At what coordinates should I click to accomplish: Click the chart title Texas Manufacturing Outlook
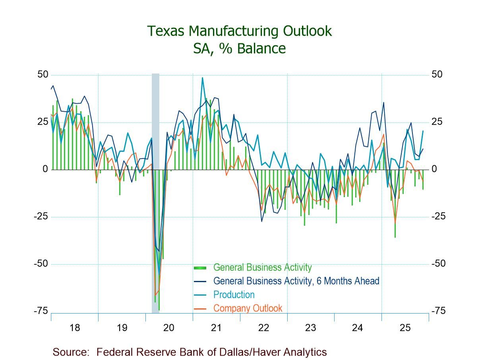(239, 31)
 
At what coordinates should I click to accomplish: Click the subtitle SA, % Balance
(239, 48)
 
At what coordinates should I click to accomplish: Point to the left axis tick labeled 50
(43, 75)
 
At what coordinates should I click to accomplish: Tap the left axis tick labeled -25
(41, 217)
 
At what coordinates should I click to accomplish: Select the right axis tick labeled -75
(439, 311)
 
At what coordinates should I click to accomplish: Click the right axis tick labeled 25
(437, 122)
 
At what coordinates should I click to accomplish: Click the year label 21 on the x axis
(216, 328)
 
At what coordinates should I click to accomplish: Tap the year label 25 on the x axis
(405, 328)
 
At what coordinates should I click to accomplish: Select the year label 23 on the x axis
(310, 328)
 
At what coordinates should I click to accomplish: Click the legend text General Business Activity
(262, 267)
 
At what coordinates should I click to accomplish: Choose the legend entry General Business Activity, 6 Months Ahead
(296, 281)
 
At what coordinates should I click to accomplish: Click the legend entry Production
(234, 294)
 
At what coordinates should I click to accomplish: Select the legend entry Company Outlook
(248, 308)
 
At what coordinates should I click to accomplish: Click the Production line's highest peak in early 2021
(202, 78)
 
